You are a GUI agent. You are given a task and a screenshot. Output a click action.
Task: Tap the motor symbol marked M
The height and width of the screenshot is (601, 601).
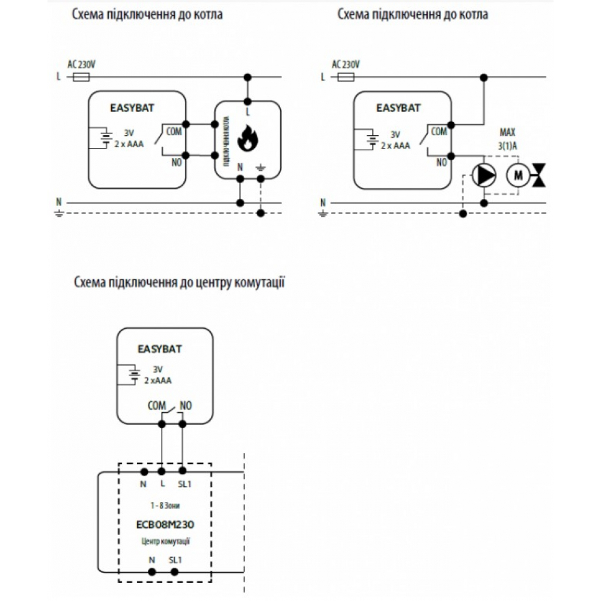coord(517,175)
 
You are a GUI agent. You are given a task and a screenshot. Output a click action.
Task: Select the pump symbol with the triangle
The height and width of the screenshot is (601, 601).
coord(484,175)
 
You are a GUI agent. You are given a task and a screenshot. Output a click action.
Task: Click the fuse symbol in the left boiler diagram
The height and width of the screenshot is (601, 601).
coord(81,77)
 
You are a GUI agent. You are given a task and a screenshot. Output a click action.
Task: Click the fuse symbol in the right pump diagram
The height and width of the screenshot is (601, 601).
coord(346,77)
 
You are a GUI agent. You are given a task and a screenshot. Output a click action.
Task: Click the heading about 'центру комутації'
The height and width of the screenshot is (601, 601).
coord(179,282)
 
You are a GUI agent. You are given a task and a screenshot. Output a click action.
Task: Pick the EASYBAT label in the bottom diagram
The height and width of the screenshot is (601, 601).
coord(159,349)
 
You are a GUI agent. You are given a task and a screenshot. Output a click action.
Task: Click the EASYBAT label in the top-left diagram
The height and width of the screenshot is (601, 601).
coord(131,109)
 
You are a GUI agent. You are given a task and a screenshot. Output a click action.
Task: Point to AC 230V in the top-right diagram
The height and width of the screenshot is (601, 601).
coord(346,64)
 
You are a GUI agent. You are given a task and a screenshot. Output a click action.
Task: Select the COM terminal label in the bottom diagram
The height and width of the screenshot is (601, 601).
coord(156,406)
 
